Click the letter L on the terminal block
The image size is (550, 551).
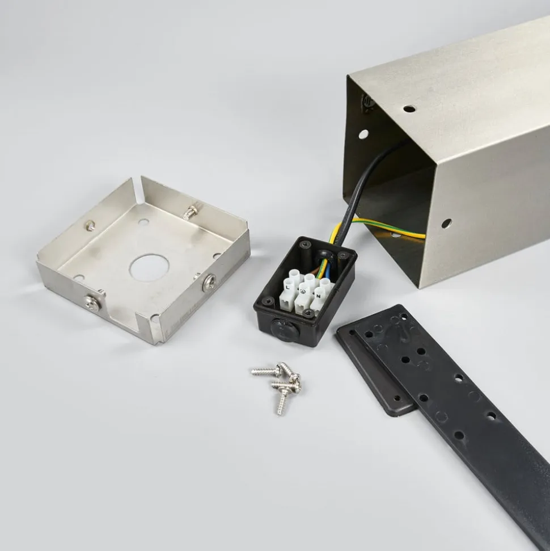[287, 288]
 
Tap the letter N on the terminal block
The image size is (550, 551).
[318, 296]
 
